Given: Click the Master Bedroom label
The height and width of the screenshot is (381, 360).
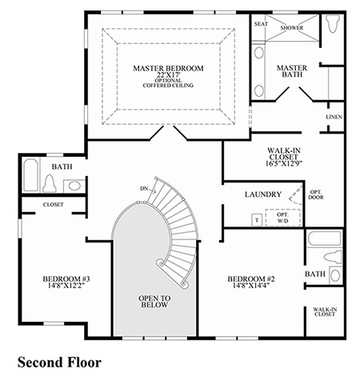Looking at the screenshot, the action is pyautogui.click(x=168, y=68).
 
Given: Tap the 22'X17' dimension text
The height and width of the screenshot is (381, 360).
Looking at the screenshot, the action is pyautogui.click(x=169, y=74).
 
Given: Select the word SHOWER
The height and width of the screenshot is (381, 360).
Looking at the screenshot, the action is pyautogui.click(x=292, y=28).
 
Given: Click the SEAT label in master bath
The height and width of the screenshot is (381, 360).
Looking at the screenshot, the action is pyautogui.click(x=261, y=24).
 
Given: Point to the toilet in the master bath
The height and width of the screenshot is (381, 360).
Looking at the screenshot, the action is pyautogui.click(x=333, y=23).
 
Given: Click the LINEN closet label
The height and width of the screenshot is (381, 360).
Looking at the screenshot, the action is pyautogui.click(x=334, y=117).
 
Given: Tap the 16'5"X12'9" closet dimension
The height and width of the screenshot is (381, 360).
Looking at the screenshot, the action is pyautogui.click(x=283, y=163).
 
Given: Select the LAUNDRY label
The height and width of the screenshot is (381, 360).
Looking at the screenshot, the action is pyautogui.click(x=263, y=195).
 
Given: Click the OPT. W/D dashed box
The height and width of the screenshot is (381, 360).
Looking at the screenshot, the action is pyautogui.click(x=282, y=218).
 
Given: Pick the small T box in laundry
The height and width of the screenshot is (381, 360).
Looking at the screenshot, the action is pyautogui.click(x=257, y=220).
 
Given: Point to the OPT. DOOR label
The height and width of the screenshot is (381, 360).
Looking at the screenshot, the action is pyautogui.click(x=316, y=195).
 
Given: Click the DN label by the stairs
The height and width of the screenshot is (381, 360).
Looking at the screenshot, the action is pyautogui.click(x=144, y=189).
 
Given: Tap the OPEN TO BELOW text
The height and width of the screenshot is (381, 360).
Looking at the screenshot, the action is pyautogui.click(x=154, y=302).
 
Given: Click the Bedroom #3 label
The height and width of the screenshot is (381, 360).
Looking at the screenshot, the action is pyautogui.click(x=66, y=279).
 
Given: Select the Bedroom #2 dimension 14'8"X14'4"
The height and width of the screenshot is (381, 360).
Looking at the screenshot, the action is pyautogui.click(x=251, y=286).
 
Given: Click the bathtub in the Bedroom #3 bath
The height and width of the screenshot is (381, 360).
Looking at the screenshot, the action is pyautogui.click(x=30, y=175).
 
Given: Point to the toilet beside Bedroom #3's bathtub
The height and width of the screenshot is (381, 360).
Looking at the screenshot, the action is pyautogui.click(x=50, y=183).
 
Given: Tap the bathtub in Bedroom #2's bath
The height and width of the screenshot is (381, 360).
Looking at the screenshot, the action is pyautogui.click(x=324, y=239).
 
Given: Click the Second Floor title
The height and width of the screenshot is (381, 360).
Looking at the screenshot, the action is pyautogui.click(x=59, y=363).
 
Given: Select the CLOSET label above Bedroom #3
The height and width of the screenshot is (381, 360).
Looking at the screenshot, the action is pyautogui.click(x=54, y=205).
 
